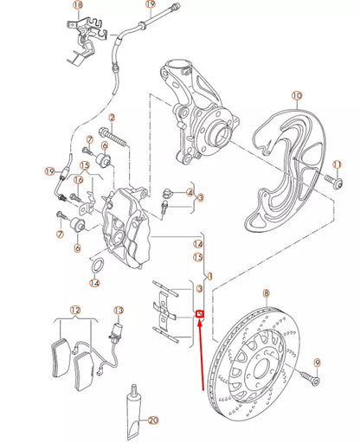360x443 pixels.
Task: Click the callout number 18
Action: tap(79, 6)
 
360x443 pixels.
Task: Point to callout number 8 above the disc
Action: tap(266, 295)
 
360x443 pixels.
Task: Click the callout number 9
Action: tap(317, 362)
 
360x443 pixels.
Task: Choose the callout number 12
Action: tap(75, 310)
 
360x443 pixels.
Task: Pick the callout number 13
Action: tap(119, 310)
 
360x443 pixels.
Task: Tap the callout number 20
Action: tap(154, 421)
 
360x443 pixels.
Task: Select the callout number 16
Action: tap(78, 180)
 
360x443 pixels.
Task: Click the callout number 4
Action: tap(190, 192)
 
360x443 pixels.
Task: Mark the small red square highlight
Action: tap(200, 314)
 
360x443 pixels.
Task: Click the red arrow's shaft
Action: tap(203, 355)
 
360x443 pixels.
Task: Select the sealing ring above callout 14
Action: tap(100, 263)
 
